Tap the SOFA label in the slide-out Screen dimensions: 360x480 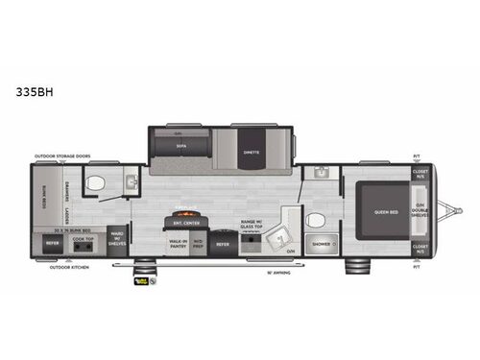(x=180, y=147)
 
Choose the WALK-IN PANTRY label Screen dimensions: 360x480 (x=178, y=244)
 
